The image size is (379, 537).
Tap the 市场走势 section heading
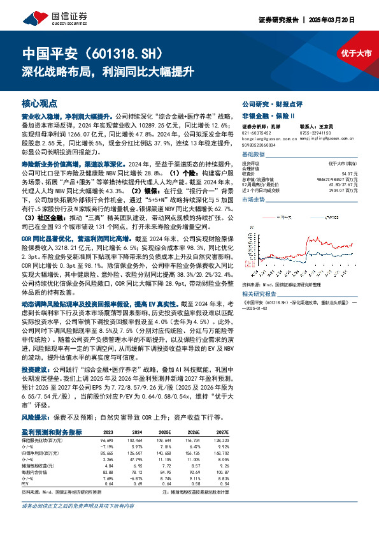[253, 200]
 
